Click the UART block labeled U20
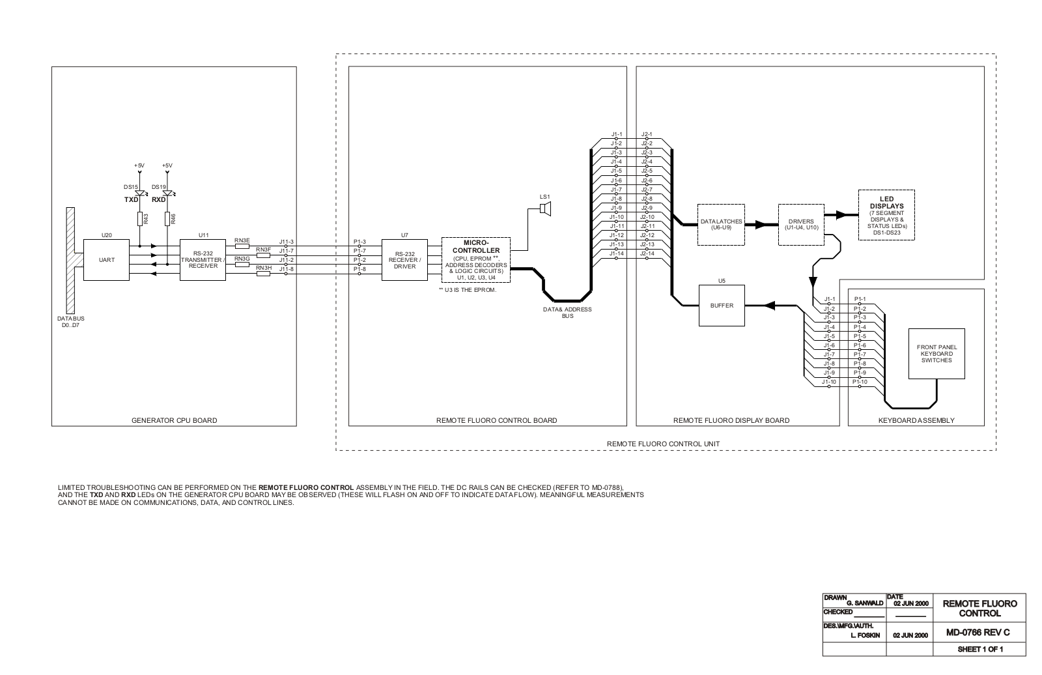107,260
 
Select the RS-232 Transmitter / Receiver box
203,260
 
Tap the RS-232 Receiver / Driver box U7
404,260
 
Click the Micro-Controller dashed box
475,260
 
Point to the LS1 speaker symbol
546,208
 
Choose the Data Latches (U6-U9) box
721,224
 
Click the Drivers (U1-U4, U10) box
802,224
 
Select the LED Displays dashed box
886,215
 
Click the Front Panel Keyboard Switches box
936,354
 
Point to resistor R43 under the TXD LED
139,220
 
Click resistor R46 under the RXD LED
167,220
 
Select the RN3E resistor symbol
242,246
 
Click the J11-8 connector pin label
287,268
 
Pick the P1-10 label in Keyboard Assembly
860,382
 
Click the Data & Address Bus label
567,313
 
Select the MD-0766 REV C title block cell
979,632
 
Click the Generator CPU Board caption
174,420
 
